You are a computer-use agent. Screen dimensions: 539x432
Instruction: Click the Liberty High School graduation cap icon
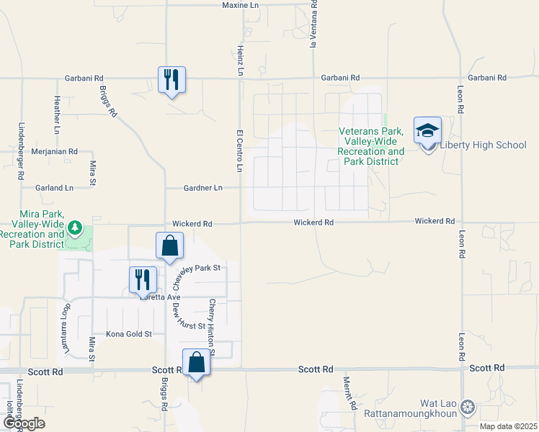(427, 131)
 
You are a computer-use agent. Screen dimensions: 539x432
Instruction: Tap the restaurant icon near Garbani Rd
(171, 79)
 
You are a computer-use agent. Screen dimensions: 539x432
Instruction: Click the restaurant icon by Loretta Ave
(143, 279)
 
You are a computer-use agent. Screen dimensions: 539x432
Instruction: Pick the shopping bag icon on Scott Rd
(196, 362)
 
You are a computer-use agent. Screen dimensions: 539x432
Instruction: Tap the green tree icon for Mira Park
(75, 229)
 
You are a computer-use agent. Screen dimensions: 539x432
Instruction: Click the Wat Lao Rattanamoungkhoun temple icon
(468, 408)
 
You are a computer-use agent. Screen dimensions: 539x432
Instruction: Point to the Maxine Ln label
(240, 5)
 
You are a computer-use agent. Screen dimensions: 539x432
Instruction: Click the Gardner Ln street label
(202, 188)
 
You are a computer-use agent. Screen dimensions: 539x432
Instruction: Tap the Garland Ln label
(55, 188)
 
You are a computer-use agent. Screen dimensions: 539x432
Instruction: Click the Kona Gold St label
(129, 334)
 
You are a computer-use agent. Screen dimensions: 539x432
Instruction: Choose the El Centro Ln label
(239, 150)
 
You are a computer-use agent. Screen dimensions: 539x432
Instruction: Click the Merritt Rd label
(349, 392)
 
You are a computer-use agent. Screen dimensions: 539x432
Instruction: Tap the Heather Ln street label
(57, 116)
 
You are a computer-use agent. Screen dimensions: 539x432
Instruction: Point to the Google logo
(23, 423)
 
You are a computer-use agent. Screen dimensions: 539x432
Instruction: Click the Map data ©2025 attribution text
(508, 426)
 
